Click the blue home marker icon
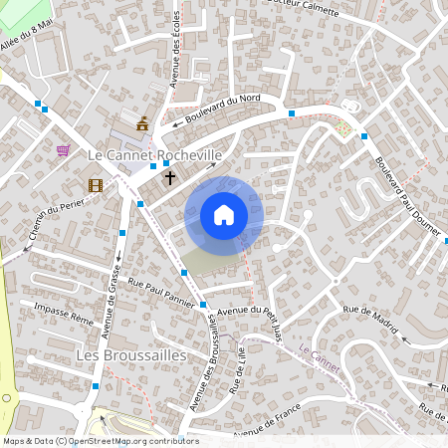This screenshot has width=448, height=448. (x=224, y=215)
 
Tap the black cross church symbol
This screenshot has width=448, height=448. (x=170, y=178)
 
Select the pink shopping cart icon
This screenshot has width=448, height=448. (x=64, y=150)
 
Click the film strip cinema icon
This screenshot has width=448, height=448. (x=95, y=184)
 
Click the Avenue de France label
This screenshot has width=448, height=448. (x=267, y=428)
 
